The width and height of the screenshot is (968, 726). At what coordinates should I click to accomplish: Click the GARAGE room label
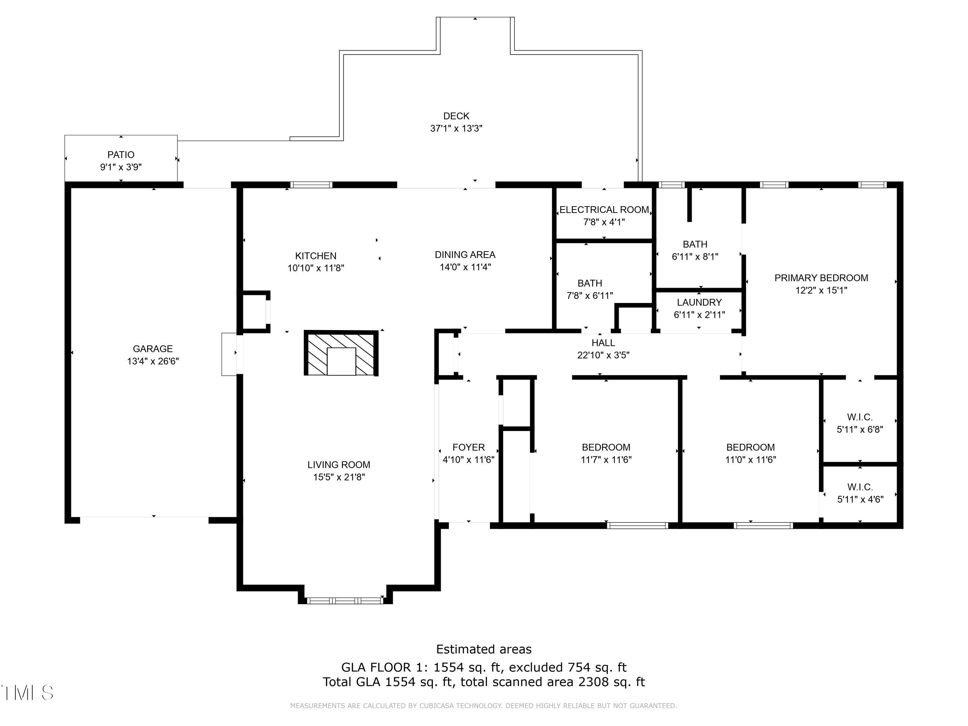click(x=153, y=349)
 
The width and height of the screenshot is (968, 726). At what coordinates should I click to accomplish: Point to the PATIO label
click(x=121, y=155)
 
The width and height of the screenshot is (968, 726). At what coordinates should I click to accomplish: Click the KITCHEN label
click(x=316, y=256)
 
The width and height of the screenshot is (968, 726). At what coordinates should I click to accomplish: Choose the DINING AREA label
click(x=465, y=255)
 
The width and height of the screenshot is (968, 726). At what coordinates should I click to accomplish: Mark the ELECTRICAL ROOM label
click(x=604, y=210)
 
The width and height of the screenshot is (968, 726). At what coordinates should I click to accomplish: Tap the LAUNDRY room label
click(x=699, y=302)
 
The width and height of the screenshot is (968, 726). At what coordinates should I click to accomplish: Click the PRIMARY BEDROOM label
click(x=821, y=278)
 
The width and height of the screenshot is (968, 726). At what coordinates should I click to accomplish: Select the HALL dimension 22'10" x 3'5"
click(x=603, y=355)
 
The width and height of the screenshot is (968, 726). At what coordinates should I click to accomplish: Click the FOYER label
click(x=468, y=447)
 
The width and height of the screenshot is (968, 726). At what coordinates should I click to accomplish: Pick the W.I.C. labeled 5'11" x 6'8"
click(x=860, y=423)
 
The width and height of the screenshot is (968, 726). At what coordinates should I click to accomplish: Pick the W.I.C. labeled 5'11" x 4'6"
click(x=860, y=493)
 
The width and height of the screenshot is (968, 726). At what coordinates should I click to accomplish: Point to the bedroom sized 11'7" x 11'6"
click(x=606, y=453)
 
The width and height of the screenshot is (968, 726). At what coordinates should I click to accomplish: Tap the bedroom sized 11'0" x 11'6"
click(x=750, y=453)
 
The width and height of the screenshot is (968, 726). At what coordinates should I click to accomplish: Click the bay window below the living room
click(x=345, y=601)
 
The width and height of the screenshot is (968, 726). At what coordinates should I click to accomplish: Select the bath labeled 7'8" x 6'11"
click(x=590, y=289)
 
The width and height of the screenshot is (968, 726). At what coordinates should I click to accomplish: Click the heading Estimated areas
click(x=484, y=649)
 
